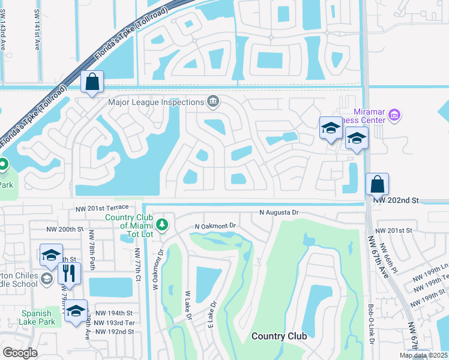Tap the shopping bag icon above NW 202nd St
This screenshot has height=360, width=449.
[x=377, y=184]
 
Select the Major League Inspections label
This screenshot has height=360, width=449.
[x=155, y=101]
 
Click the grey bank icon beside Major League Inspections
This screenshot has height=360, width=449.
[x=212, y=101]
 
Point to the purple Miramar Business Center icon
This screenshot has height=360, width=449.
[x=394, y=114]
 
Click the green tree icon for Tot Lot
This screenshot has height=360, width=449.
[x=161, y=224]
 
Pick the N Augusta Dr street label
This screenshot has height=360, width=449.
[x=279, y=212]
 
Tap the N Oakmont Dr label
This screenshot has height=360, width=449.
[x=217, y=226]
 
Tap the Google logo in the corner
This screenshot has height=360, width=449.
[x=20, y=353]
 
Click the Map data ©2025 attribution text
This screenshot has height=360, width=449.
[x=423, y=355]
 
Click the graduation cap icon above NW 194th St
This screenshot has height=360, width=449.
[x=76, y=311]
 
